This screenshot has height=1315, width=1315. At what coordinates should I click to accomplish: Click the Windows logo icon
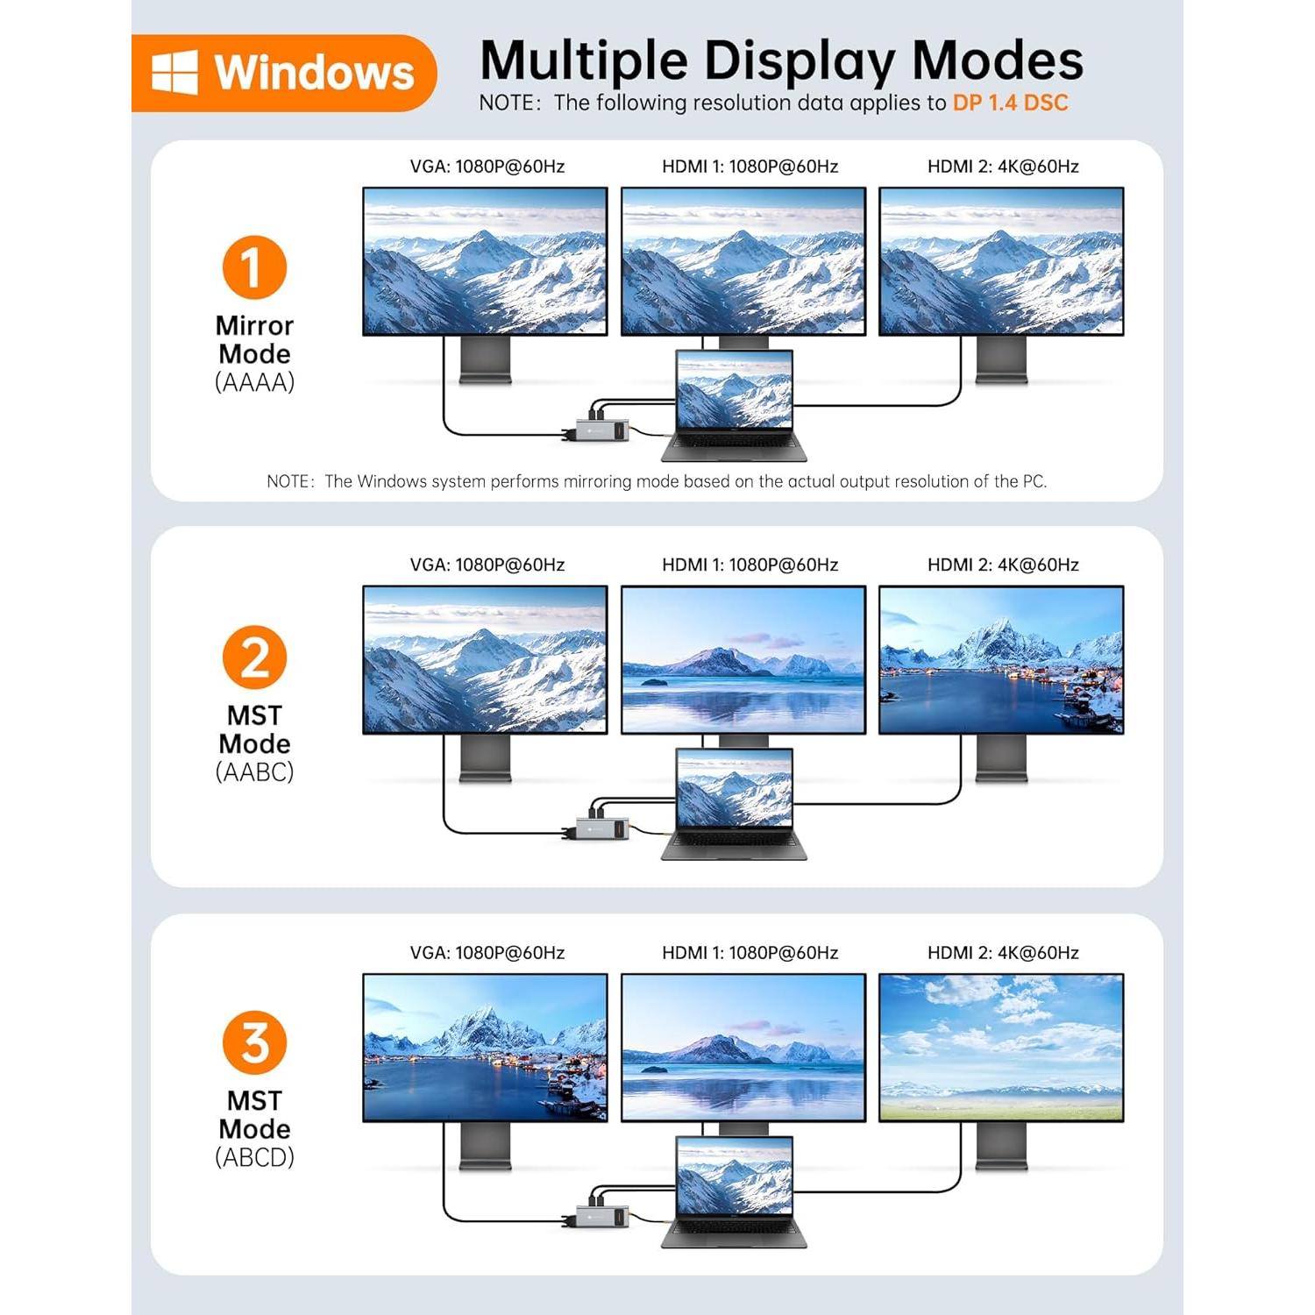tap(174, 72)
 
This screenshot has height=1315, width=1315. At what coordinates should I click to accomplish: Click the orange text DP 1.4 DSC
tap(1010, 103)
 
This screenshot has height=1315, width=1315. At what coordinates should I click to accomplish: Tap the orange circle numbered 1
tap(254, 267)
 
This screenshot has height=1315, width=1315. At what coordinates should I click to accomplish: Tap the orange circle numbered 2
tap(254, 657)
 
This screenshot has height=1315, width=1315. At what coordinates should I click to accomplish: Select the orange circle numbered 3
tap(254, 1043)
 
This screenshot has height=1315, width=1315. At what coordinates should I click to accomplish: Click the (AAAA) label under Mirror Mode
tap(254, 382)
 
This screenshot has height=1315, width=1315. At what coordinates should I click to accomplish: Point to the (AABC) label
tap(254, 772)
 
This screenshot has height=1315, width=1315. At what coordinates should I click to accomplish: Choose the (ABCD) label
tap(254, 1158)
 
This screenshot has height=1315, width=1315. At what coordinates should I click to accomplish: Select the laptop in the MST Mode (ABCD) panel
tap(735, 1191)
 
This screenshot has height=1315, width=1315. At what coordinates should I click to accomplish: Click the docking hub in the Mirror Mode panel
tap(602, 430)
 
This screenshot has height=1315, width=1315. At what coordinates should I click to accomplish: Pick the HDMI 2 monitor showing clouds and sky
tap(1001, 1048)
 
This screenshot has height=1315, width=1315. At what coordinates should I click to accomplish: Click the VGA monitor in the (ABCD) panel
tap(485, 1048)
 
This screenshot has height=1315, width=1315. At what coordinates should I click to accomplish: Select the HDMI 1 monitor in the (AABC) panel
tap(743, 659)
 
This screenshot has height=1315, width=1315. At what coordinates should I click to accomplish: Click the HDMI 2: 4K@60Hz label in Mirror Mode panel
tap(1003, 167)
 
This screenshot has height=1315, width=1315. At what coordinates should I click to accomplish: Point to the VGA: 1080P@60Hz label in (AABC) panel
tap(487, 565)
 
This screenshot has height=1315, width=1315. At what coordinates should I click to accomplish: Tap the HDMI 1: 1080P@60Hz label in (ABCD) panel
tap(750, 953)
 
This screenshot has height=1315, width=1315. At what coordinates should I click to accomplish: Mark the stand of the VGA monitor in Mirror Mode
tap(485, 359)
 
